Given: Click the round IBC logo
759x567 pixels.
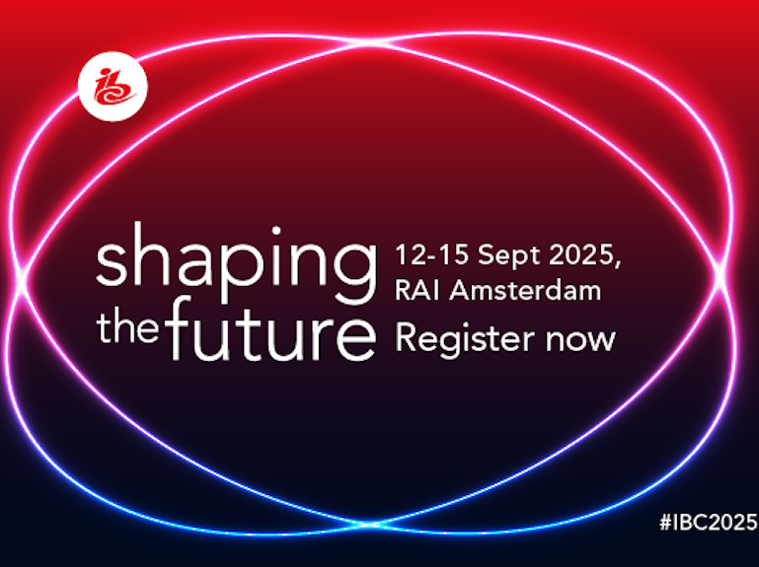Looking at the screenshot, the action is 113,86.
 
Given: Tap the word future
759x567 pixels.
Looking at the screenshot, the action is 271,329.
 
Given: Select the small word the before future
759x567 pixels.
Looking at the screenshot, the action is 128,325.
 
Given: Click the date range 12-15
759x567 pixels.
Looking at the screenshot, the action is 431,254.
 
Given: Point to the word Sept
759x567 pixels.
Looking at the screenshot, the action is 510,256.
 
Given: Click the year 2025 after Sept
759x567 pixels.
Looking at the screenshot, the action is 582,254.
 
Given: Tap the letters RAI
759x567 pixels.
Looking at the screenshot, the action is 417,290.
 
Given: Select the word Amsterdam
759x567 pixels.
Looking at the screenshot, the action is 525,290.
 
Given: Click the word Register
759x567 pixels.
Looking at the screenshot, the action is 465,339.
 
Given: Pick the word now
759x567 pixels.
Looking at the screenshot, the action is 580,340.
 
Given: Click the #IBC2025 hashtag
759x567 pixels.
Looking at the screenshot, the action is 709,522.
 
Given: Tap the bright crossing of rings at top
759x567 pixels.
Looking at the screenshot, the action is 371,44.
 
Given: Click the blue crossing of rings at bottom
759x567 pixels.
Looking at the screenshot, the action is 369,524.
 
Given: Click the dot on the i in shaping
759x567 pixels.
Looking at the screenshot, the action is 276,231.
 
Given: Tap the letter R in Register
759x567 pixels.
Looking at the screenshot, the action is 405,336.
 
